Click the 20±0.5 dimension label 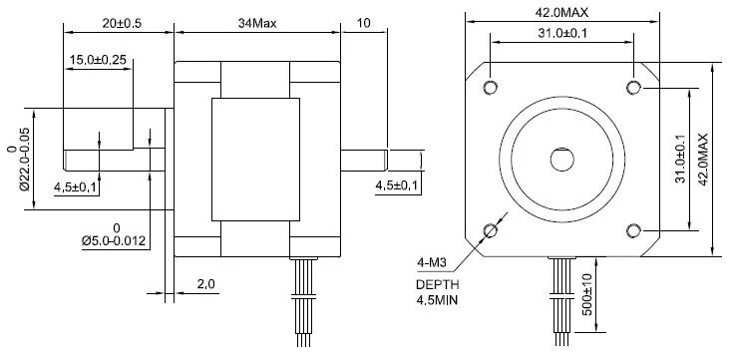(x=122, y=23)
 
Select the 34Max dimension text (x=257, y=23)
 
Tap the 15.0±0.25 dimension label (x=98, y=60)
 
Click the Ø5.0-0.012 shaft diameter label (x=114, y=241)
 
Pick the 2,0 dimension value (x=205, y=283)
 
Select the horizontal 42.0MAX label (x=561, y=12)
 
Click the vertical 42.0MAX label (x=703, y=160)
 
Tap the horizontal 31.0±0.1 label (x=562, y=33)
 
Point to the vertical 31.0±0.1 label (x=680, y=160)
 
